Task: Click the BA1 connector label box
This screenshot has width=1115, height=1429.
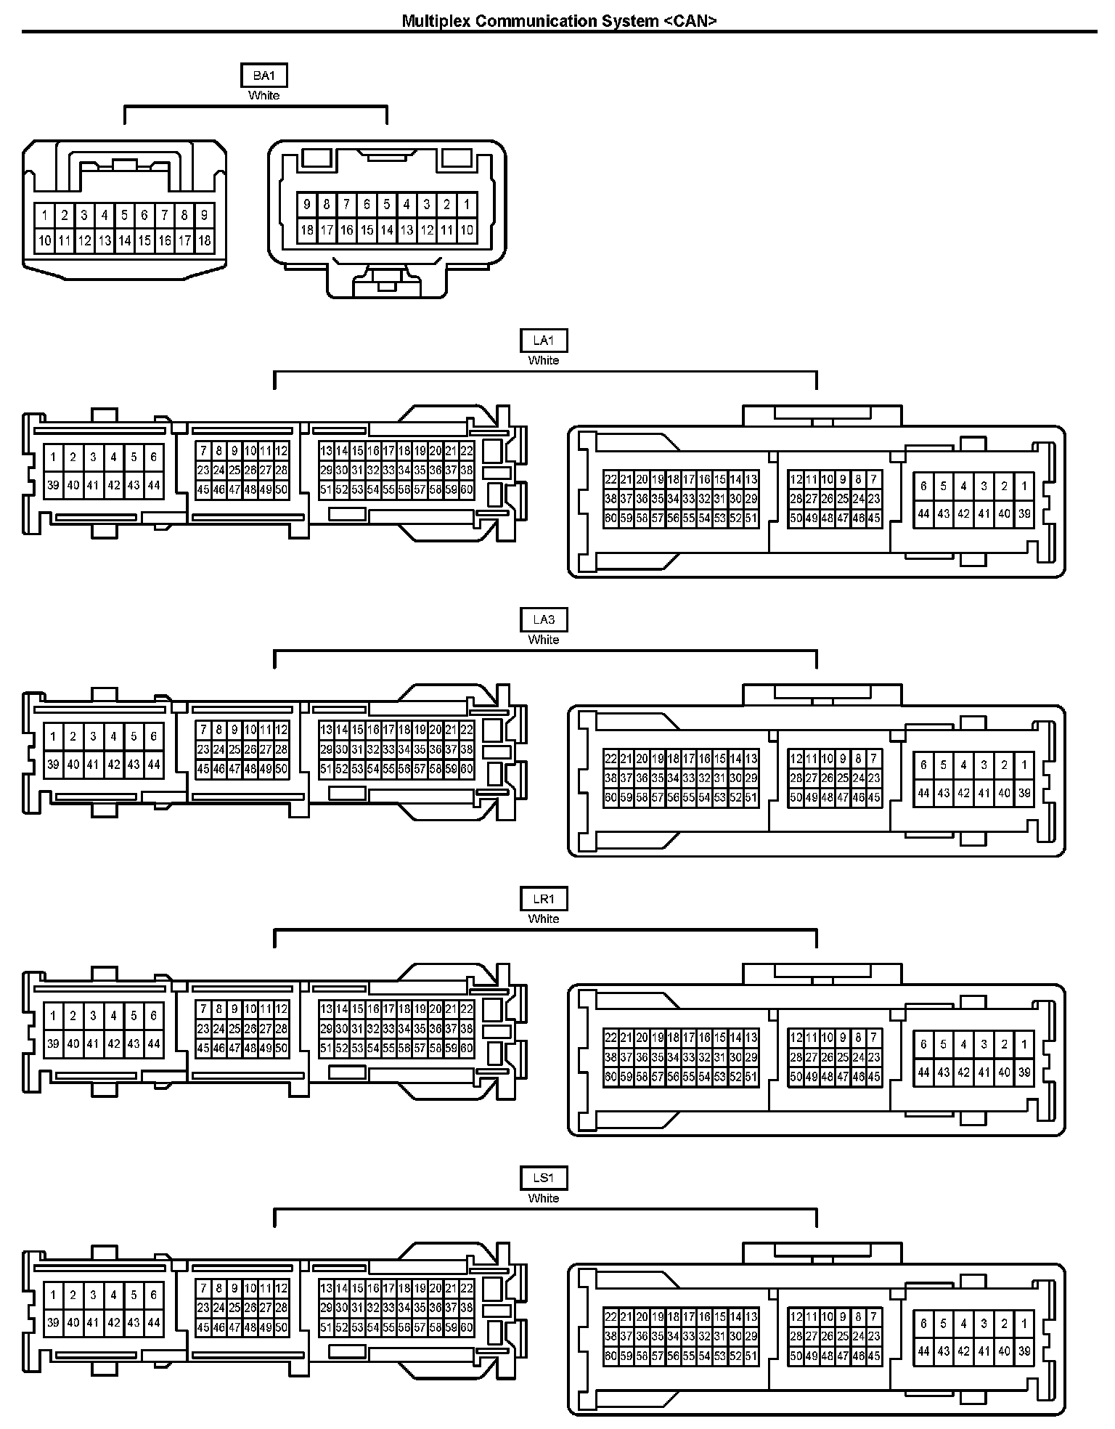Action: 264,76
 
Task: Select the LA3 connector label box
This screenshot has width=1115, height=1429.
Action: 544,619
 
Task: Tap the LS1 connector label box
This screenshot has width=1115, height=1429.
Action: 544,1178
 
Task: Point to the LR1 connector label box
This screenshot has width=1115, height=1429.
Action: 544,899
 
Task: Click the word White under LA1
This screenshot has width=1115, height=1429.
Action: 544,360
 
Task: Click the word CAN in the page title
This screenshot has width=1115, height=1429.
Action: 690,21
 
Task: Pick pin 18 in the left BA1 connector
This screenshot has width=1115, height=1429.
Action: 205,240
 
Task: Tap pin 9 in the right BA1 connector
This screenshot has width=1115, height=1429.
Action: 307,205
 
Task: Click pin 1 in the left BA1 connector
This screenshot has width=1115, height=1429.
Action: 45,215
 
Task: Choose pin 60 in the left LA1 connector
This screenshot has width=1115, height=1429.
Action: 467,490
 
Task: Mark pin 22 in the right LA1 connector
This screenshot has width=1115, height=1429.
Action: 610,479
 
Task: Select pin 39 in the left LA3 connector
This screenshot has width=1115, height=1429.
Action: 53,765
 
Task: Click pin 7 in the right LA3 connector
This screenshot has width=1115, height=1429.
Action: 874,759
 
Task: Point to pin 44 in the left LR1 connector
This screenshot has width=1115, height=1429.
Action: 154,1044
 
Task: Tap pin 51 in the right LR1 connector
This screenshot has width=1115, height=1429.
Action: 751,1077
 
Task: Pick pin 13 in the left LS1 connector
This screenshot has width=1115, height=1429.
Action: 326,1288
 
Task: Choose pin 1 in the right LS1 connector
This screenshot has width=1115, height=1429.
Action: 1024,1323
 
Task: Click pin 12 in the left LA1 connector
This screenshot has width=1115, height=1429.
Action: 282,451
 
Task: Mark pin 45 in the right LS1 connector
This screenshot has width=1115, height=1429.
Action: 874,1356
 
